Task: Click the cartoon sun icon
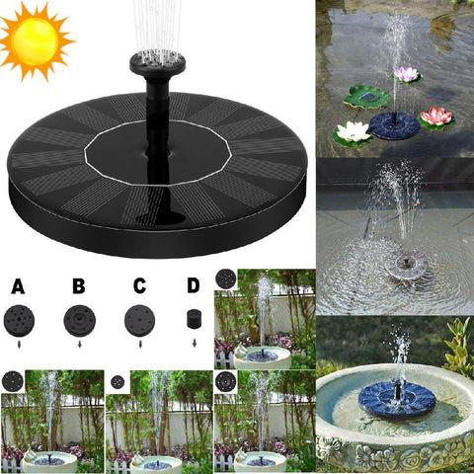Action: (x=37, y=39)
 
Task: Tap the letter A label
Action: (x=18, y=287)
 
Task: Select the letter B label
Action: (x=78, y=287)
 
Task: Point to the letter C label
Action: (x=139, y=287)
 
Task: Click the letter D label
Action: (x=193, y=287)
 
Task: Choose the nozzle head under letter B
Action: (x=78, y=321)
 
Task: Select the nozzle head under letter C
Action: (x=138, y=321)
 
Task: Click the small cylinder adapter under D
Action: (x=193, y=320)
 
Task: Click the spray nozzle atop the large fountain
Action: (x=157, y=66)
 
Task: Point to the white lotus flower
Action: (x=353, y=131)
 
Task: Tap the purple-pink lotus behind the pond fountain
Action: (x=407, y=74)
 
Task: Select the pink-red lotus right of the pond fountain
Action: (x=435, y=117)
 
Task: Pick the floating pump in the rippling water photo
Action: (x=404, y=264)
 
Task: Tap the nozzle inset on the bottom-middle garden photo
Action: (x=118, y=381)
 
